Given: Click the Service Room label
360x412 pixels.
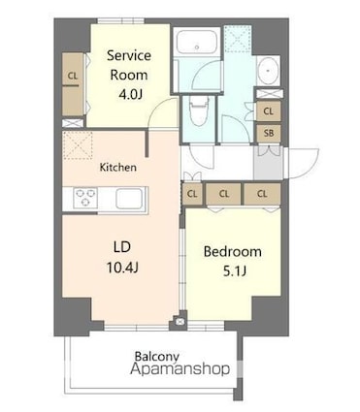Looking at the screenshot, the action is [x=129, y=65].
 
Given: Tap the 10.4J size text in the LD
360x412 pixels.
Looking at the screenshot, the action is [x=122, y=268].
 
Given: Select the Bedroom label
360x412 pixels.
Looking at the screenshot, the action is [x=233, y=251].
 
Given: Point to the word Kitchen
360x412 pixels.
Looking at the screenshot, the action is [x=117, y=167].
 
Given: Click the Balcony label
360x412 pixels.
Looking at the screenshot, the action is [x=157, y=356].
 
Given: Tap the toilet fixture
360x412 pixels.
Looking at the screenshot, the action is [x=198, y=111].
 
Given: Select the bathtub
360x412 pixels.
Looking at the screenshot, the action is [x=197, y=42].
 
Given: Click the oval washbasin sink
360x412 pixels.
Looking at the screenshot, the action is [x=268, y=71].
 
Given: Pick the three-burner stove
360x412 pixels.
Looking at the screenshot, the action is [x=85, y=198].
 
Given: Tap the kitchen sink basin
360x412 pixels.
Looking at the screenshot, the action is [x=129, y=199].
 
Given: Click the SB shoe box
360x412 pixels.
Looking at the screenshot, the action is [x=269, y=133].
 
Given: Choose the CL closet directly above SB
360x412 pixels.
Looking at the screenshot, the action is [x=268, y=111].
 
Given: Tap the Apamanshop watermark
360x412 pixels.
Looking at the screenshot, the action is [x=180, y=368].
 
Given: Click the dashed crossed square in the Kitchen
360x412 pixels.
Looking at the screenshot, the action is [x=78, y=145].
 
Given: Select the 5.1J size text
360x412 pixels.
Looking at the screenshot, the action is [x=235, y=271].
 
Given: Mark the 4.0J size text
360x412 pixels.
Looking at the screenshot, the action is [x=130, y=95].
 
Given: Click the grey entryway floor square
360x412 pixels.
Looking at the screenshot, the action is [x=268, y=163].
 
